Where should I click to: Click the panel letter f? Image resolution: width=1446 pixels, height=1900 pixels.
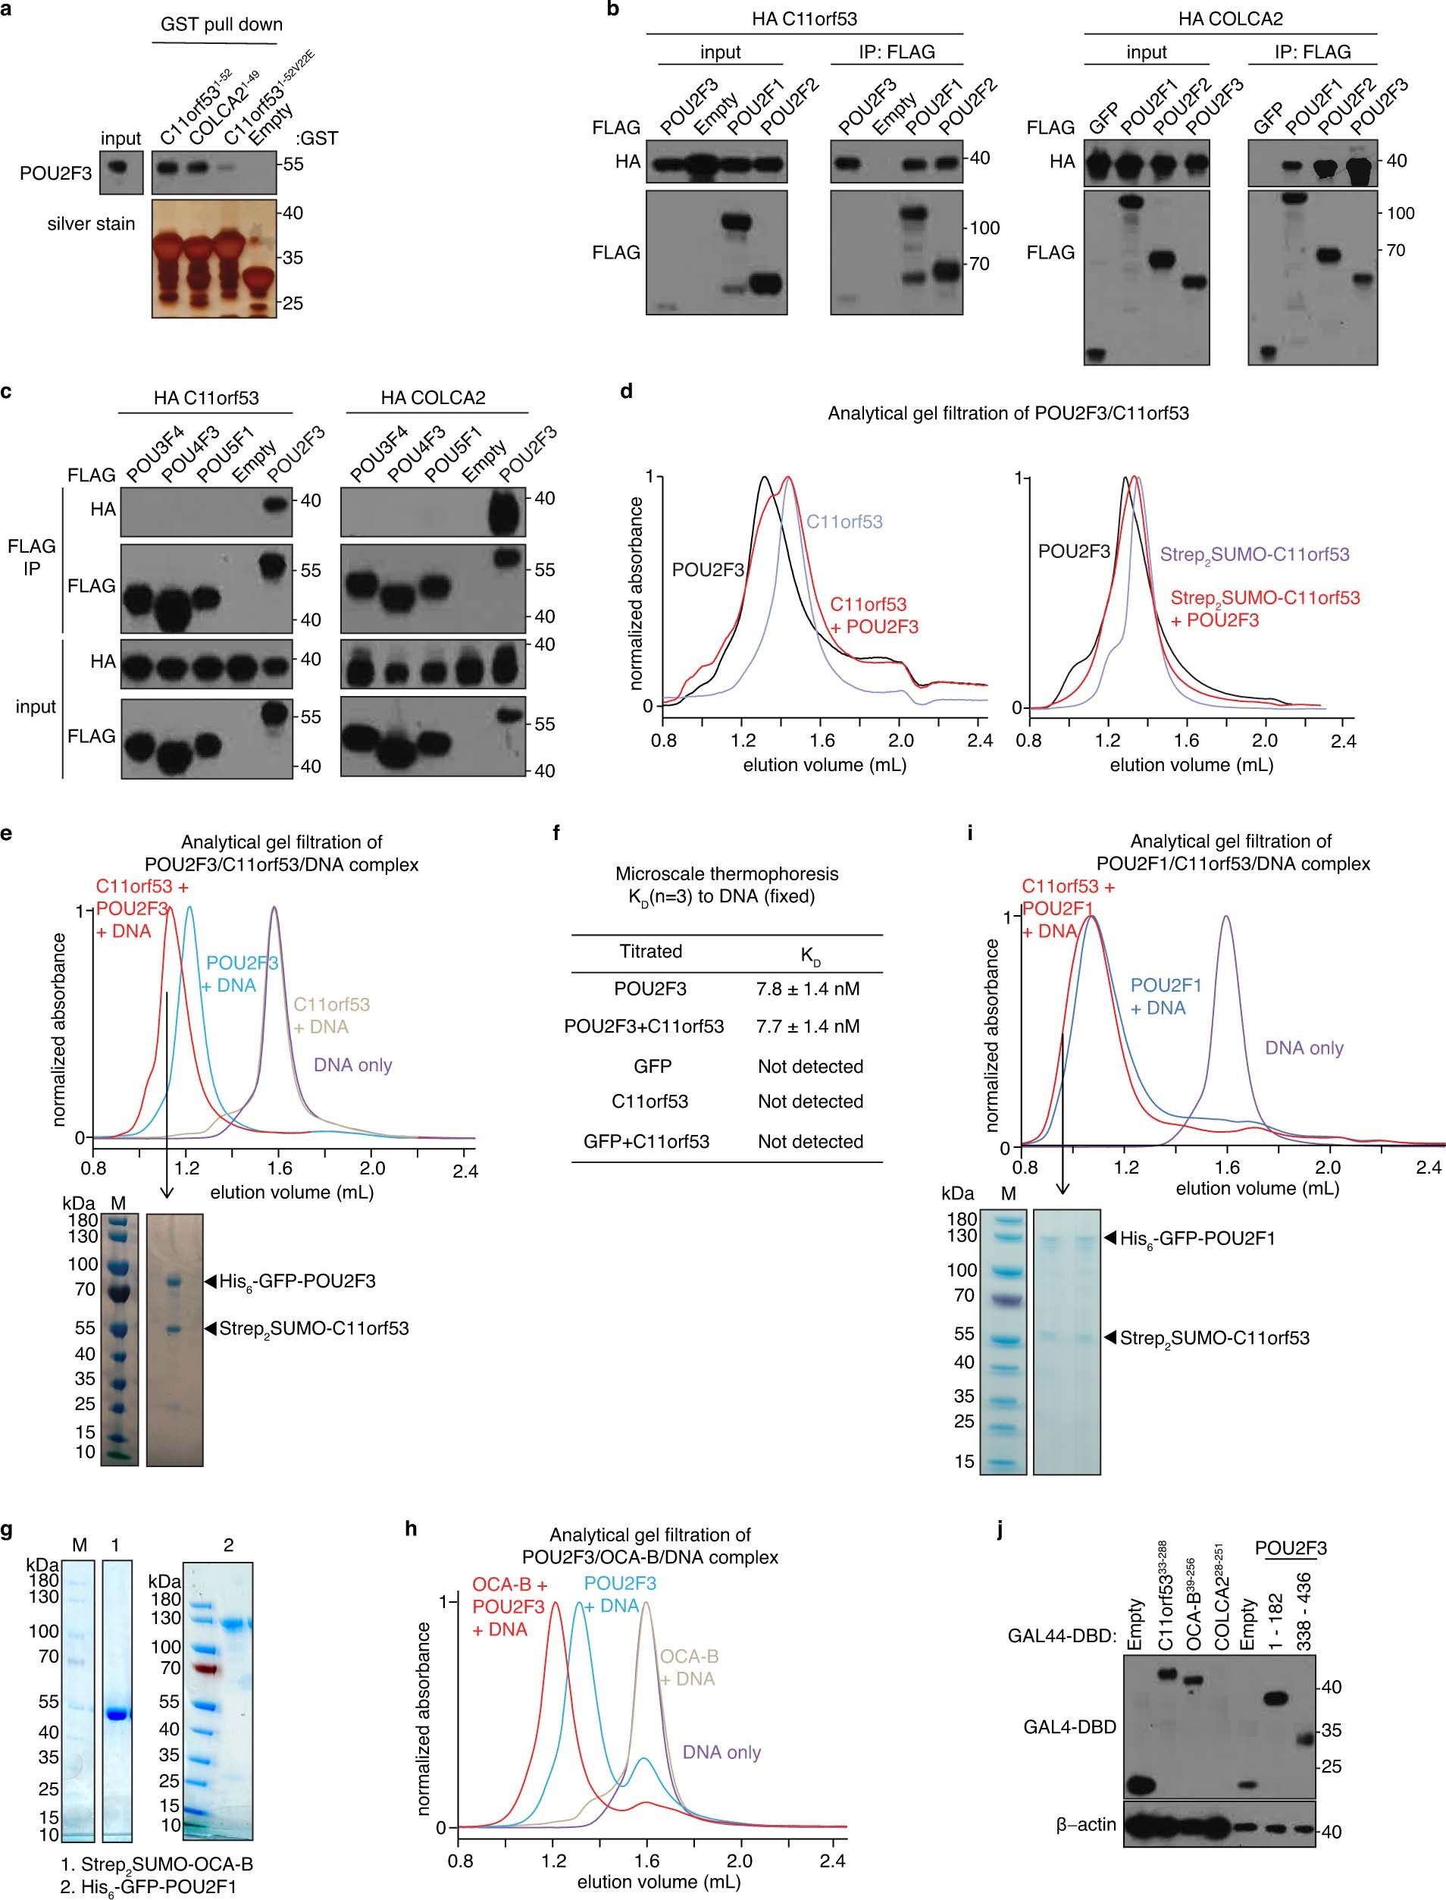click(556, 833)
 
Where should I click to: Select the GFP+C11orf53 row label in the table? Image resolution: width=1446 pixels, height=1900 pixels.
click(646, 1142)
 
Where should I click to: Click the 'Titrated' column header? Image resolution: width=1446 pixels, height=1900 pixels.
click(651, 952)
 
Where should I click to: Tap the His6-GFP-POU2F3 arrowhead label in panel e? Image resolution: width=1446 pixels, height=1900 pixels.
click(296, 1281)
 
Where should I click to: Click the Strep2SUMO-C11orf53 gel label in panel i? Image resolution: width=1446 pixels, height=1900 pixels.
click(1213, 1338)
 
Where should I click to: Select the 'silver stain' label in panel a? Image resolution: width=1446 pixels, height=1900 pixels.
click(91, 224)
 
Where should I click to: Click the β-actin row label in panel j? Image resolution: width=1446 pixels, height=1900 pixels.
click(1085, 1848)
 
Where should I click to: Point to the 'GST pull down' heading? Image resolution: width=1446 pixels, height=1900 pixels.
click(221, 24)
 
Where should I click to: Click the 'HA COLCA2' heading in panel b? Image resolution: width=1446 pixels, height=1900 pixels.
click(1229, 17)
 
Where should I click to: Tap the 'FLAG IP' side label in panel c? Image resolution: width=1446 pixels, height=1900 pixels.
click(32, 557)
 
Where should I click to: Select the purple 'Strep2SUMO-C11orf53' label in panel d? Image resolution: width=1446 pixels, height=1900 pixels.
click(1254, 554)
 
